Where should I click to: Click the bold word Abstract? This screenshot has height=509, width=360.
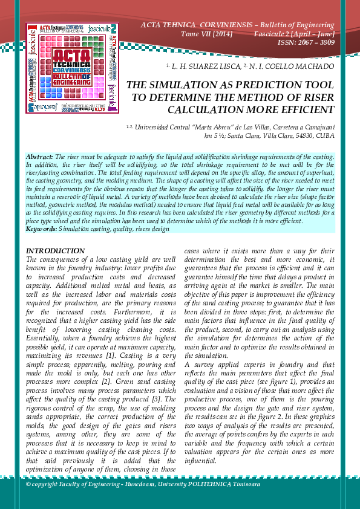(40, 157)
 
